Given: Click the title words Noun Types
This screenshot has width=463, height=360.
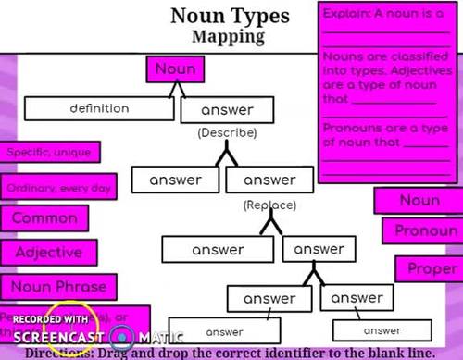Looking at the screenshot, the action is click(x=229, y=16).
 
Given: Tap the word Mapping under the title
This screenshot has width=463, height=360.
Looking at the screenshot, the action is click(x=229, y=37).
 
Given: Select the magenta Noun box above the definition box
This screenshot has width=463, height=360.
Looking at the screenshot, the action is click(x=175, y=69).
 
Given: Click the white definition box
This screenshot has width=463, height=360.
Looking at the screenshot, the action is click(x=99, y=109).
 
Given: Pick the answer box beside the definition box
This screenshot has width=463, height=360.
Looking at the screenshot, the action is click(x=227, y=111).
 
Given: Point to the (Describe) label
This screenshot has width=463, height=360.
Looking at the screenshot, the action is click(x=227, y=132).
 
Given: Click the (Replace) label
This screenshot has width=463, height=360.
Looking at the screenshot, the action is click(x=269, y=204).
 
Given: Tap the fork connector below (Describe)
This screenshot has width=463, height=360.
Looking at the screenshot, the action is click(x=227, y=155).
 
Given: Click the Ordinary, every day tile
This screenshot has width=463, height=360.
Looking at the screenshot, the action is click(x=58, y=188).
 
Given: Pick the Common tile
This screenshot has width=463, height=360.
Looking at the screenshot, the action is click(x=44, y=218).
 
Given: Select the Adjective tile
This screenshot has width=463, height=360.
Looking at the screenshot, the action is click(x=49, y=252).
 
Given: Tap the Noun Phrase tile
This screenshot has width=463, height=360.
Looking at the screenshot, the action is click(x=58, y=286).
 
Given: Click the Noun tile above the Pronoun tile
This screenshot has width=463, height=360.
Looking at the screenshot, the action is click(x=419, y=201).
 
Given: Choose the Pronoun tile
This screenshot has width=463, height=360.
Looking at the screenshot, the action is click(x=426, y=230).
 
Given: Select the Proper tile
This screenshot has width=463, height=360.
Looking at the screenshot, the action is click(x=426, y=268).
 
